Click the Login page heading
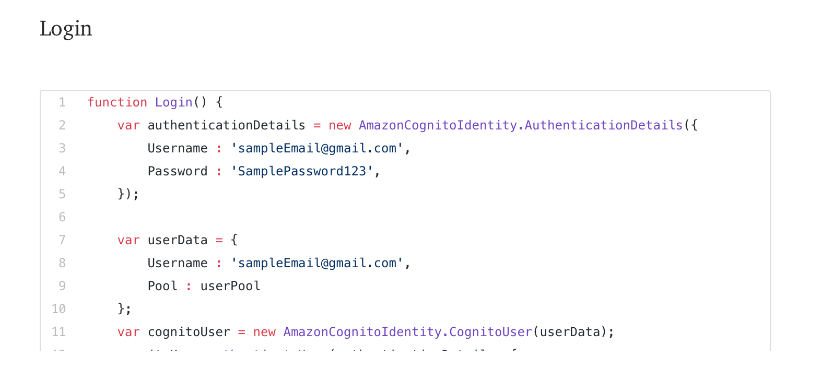66,29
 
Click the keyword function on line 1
117,102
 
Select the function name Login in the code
173,102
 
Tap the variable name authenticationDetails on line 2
226,125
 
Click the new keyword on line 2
339,125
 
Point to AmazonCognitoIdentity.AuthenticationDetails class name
521,125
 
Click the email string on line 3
317,148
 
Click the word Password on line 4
178,171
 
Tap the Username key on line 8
178,263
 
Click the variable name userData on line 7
178,240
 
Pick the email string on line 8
317,263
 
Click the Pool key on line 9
162,286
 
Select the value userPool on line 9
230,286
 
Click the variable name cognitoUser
189,332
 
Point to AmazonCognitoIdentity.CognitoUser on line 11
407,332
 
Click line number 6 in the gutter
62,217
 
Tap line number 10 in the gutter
58,309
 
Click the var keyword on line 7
128,240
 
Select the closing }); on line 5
128,194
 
